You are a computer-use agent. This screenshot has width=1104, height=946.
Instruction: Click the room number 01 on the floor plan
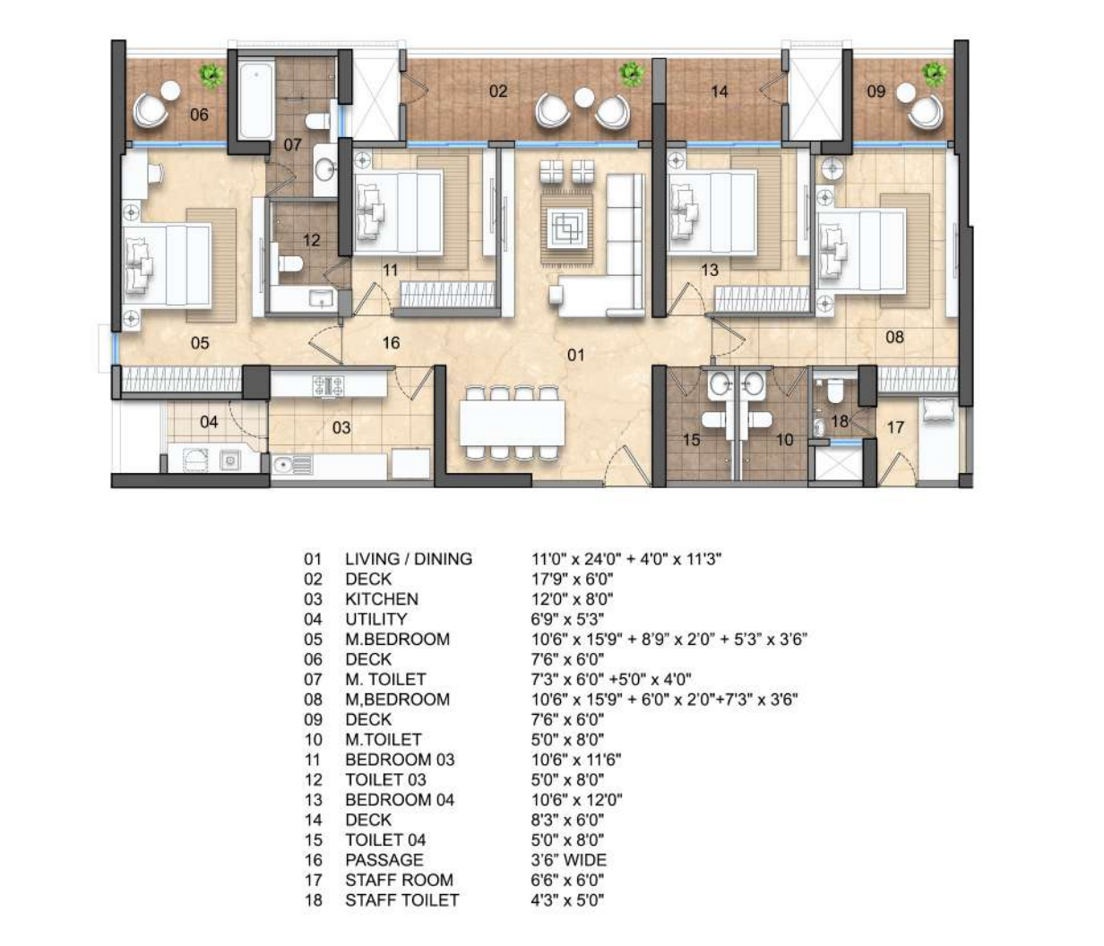point(575,355)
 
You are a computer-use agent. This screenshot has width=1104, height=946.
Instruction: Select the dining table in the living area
point(512,423)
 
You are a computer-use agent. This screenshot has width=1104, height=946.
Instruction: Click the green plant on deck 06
point(211,76)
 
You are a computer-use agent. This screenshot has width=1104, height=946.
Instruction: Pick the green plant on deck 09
point(934,74)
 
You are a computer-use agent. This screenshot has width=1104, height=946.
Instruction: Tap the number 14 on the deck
point(719,92)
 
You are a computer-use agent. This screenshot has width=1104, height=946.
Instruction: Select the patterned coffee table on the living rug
point(567,228)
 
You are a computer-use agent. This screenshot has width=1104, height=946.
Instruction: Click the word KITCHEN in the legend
point(382,599)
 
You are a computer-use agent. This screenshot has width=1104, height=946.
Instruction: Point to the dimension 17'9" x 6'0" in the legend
point(572,579)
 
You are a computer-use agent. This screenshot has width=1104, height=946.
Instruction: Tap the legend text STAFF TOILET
point(401,900)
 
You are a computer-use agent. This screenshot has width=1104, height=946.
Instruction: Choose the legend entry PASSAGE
point(384,860)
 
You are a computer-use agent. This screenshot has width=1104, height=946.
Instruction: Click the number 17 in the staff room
point(895,427)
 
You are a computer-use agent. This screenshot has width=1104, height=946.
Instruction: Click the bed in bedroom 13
point(712,211)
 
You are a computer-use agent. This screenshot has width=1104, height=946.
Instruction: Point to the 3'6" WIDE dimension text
point(569,860)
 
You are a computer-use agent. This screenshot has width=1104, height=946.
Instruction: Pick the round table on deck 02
point(584,99)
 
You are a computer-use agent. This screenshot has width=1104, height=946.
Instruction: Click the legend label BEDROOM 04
point(400,800)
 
